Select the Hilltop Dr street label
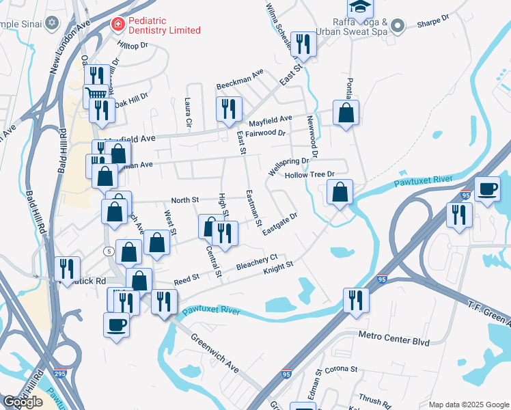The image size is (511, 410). point(133,45)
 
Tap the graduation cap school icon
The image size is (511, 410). point(359,8)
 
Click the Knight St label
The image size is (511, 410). point(278,269)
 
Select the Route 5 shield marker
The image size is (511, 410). point(109,251)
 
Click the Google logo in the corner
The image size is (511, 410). point(23,402)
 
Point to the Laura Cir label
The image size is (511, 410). point(188,113)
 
